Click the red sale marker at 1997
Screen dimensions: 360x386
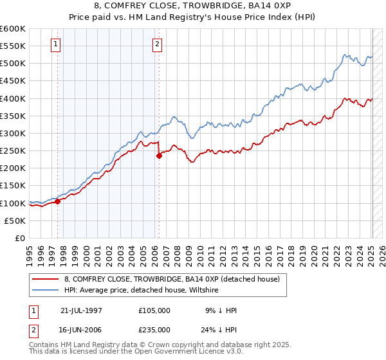click(57, 201)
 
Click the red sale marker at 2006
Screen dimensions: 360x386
click(159, 156)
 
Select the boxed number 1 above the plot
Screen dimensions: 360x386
click(57, 44)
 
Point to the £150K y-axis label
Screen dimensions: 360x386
click(13, 186)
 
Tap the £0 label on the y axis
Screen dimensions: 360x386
click(21, 238)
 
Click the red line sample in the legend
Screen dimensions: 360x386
click(46, 280)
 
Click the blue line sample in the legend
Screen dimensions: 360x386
click(46, 291)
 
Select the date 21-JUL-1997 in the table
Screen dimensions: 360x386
click(81, 310)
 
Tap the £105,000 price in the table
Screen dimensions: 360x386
click(154, 310)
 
